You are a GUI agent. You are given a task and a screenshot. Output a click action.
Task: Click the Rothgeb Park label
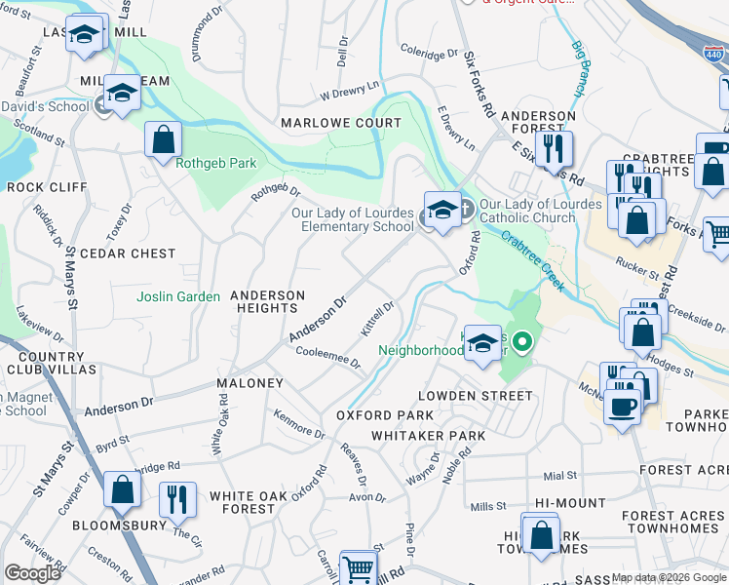pyautogui.click(x=215, y=163)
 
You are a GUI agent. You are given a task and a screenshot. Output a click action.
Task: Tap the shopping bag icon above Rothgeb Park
pyautogui.click(x=163, y=139)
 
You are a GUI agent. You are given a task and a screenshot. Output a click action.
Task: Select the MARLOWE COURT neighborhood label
pyautogui.click(x=341, y=123)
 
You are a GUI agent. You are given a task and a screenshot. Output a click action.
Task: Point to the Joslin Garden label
pyautogui.click(x=178, y=296)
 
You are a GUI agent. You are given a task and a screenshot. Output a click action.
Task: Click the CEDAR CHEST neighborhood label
pyautogui.click(x=128, y=253)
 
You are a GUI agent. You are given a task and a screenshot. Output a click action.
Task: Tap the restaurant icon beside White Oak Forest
pyautogui.click(x=176, y=499)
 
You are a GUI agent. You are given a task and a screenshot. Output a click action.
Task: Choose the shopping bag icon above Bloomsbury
pyautogui.click(x=122, y=489)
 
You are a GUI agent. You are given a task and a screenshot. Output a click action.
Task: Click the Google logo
pyautogui.click(x=32, y=573)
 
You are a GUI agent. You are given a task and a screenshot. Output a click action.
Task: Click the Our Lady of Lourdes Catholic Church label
pyautogui.click(x=526, y=212)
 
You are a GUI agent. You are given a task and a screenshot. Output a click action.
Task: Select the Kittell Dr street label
pyautogui.click(x=377, y=319)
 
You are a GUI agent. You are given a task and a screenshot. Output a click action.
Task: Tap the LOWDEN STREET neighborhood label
pyautogui.click(x=476, y=396)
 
